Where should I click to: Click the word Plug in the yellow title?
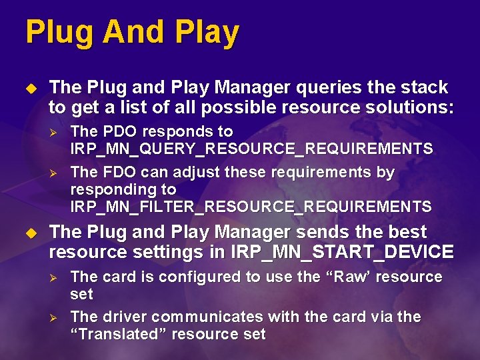[x=53, y=33]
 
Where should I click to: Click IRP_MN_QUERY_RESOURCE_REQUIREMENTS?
[x=251, y=149]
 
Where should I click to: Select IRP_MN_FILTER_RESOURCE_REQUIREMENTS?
[x=251, y=207]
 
